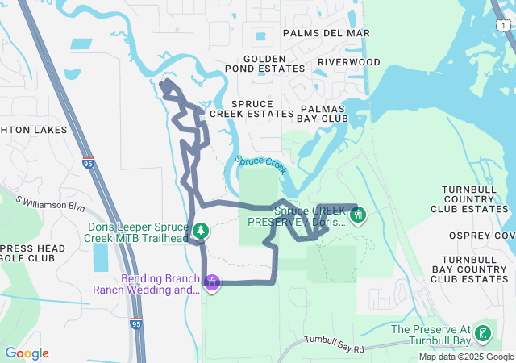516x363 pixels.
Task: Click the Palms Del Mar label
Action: (326, 33)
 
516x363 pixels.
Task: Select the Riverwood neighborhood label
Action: (348, 62)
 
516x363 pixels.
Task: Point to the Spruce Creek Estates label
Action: (252, 109)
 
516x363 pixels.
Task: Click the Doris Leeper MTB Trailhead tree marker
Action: (200, 232)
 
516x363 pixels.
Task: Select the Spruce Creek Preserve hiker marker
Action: (358, 215)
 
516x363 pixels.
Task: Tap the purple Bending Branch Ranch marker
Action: (212, 283)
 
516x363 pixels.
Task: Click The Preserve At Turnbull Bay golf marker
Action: (482, 334)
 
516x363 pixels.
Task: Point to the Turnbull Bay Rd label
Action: (335, 344)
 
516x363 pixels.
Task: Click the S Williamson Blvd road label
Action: (50, 202)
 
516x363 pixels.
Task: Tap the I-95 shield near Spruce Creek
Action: (87, 163)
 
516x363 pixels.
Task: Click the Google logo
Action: (27, 353)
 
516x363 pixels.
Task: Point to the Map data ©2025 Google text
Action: (465, 357)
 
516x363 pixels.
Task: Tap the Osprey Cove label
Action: (484, 235)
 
